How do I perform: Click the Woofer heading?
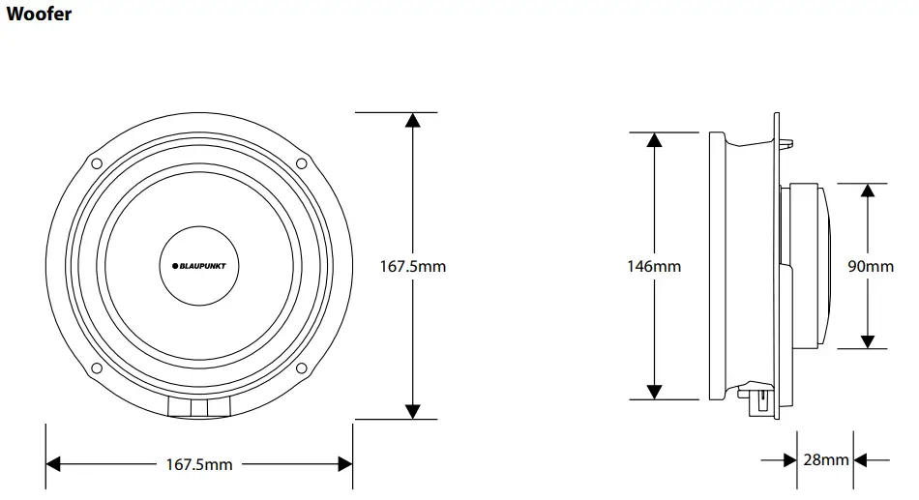click(x=38, y=15)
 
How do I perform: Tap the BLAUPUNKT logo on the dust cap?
click(x=198, y=264)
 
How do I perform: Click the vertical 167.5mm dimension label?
click(x=413, y=265)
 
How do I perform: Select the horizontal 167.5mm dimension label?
click(x=199, y=464)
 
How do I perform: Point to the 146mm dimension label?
click(x=654, y=265)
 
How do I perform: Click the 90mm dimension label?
click(x=870, y=265)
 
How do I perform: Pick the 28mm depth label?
click(x=825, y=460)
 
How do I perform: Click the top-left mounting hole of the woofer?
click(x=97, y=162)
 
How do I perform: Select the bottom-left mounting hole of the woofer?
click(x=97, y=367)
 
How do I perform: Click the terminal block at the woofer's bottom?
click(x=199, y=409)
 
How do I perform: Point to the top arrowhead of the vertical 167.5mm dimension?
click(x=413, y=120)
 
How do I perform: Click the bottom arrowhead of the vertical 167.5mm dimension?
click(x=413, y=411)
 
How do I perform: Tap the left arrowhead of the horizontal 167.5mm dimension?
click(x=54, y=464)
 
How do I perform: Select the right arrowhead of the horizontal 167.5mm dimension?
click(x=344, y=464)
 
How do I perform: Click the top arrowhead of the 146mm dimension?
click(x=654, y=139)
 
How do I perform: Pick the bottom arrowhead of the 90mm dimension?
click(x=869, y=340)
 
